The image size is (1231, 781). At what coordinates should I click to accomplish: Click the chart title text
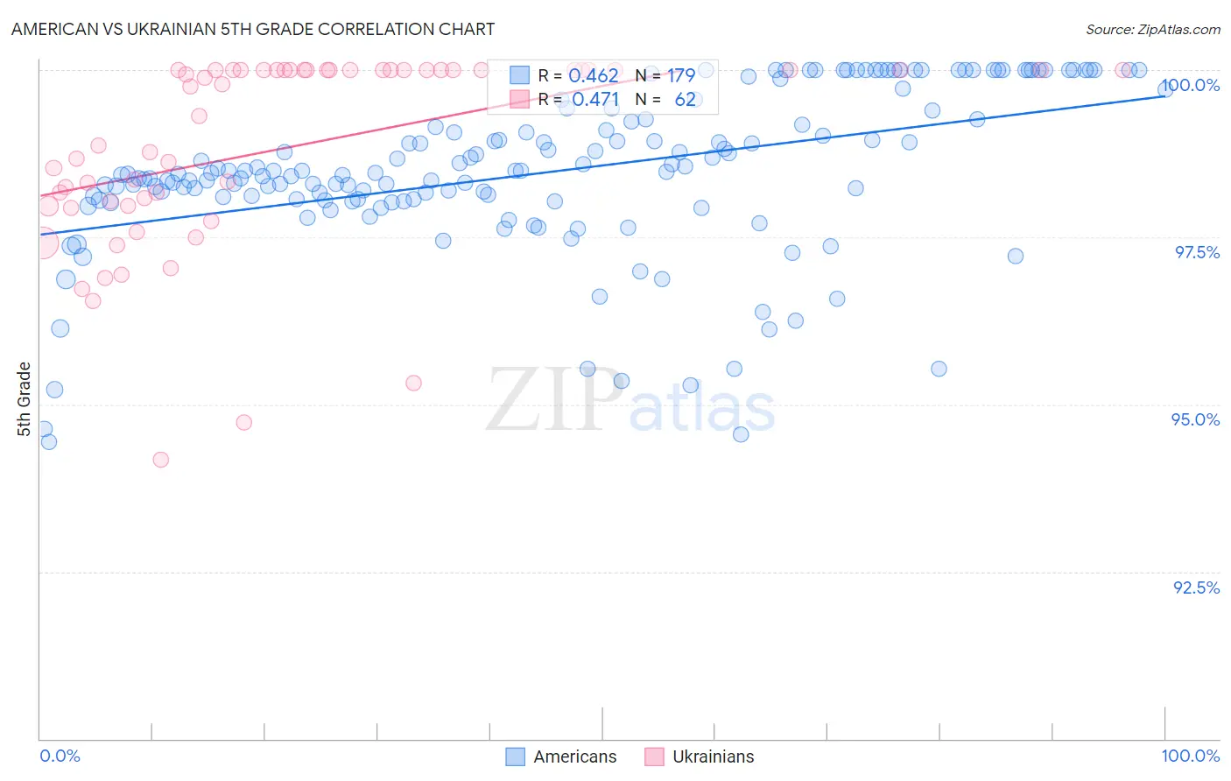[253, 29]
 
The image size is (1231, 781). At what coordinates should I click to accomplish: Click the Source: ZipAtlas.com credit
[1152, 29]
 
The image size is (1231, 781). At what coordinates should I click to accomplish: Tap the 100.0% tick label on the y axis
[1192, 85]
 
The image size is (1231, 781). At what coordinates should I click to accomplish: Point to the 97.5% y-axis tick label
[1197, 252]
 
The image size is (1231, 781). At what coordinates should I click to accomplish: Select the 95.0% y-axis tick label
[1196, 419]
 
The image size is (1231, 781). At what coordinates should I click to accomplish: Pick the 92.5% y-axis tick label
[1196, 588]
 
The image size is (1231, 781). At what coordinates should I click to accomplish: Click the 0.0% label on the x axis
[60, 756]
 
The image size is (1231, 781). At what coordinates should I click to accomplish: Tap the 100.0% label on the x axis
[1190, 756]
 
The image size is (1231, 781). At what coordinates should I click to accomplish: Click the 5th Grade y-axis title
[24, 398]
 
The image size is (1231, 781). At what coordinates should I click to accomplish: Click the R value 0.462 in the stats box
[594, 75]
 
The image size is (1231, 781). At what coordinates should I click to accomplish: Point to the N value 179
[681, 75]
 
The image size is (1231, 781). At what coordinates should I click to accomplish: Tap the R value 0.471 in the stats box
[595, 99]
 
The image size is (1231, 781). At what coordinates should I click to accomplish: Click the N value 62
[685, 99]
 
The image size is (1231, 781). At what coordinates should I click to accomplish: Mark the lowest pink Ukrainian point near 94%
[160, 459]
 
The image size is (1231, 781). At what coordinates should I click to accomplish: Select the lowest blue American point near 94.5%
[741, 434]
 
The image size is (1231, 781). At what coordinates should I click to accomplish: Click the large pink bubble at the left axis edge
[42, 243]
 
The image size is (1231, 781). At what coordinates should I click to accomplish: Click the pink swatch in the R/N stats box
[520, 99]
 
